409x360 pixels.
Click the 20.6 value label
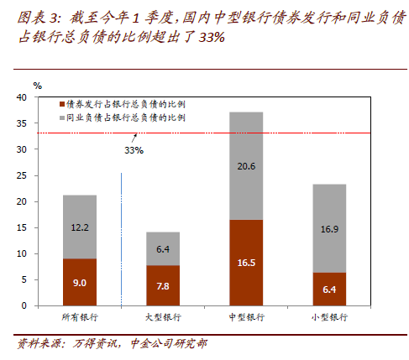pyautogui.click(x=246, y=166)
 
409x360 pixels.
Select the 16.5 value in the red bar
pyautogui.click(x=246, y=263)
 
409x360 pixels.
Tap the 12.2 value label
pyautogui.click(x=80, y=227)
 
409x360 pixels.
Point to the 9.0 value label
pyautogui.click(x=80, y=283)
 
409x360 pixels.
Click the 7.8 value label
pyautogui.click(x=163, y=286)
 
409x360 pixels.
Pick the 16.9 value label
pyautogui.click(x=329, y=229)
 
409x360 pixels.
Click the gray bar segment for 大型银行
pyautogui.click(x=163, y=248)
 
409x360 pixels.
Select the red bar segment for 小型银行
pyautogui.click(x=329, y=290)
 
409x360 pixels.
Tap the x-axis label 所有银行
pyautogui.click(x=80, y=317)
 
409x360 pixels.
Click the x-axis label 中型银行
pyautogui.click(x=246, y=317)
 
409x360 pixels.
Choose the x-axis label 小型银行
pyautogui.click(x=329, y=317)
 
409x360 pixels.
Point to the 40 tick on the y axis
pyautogui.click(x=22, y=97)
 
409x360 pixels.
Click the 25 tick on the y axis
pyautogui.click(x=22, y=175)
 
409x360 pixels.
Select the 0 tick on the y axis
pyautogui.click(x=24, y=305)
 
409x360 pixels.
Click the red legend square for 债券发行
pyautogui.click(x=62, y=104)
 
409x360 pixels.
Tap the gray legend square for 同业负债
pyautogui.click(x=62, y=117)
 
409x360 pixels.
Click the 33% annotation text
pyautogui.click(x=134, y=150)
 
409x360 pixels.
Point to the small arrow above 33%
pyautogui.click(x=134, y=138)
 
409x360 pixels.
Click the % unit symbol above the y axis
pyautogui.click(x=38, y=86)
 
